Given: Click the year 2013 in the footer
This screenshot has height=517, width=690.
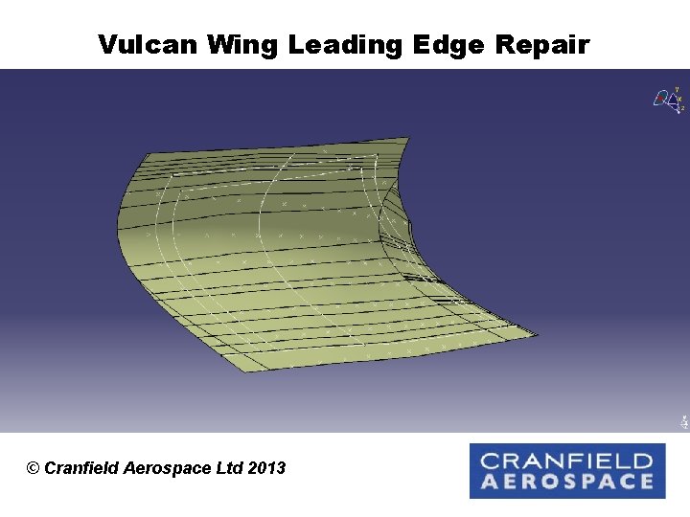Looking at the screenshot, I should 266,468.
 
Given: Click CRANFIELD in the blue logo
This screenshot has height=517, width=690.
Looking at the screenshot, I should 566,461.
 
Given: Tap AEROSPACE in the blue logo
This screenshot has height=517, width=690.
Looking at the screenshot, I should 566,482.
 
